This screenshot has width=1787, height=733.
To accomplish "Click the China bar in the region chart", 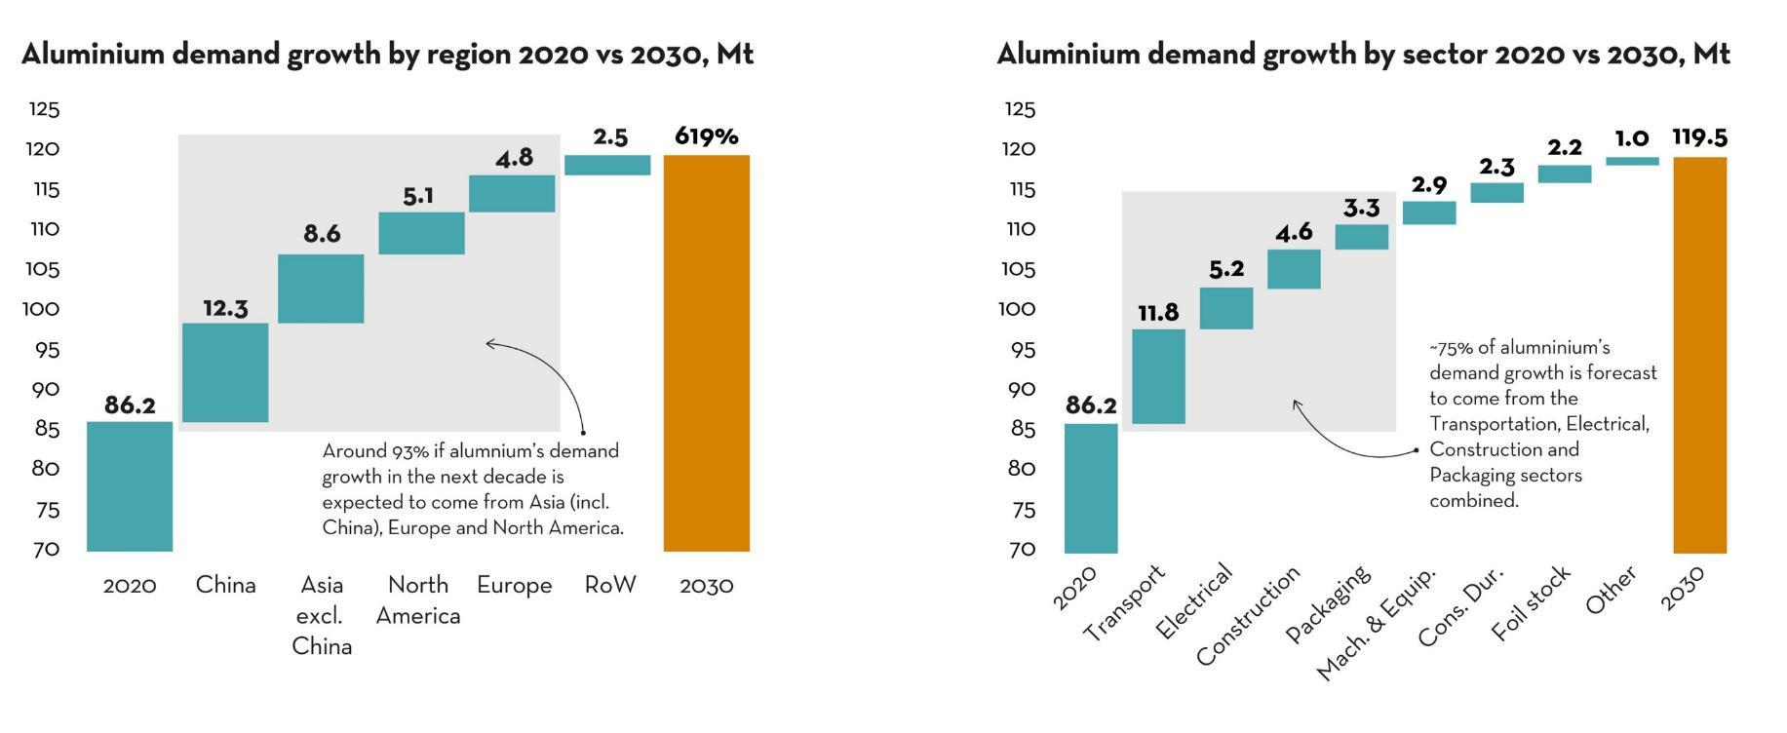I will click(x=225, y=372).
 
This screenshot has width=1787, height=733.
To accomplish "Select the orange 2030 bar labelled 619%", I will click(x=706, y=353).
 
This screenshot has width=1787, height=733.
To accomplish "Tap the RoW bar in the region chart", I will click(x=607, y=165).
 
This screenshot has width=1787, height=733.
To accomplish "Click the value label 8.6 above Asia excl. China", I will click(x=322, y=234).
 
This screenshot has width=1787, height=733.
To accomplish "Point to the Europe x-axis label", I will click(x=514, y=585).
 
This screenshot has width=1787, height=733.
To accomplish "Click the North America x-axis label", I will click(x=418, y=599).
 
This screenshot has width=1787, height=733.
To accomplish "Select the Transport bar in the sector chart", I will click(x=1158, y=376).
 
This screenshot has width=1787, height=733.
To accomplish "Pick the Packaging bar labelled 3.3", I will click(x=1361, y=237).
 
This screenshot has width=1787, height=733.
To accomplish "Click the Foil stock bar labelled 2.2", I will click(x=1564, y=174).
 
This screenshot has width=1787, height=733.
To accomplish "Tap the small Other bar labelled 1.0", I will click(x=1632, y=161).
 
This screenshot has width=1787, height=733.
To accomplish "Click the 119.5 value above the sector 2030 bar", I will click(x=1699, y=137).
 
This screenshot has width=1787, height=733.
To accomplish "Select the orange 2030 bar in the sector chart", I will click(x=1699, y=355).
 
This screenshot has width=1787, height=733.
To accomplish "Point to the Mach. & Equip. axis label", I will click(x=1377, y=624).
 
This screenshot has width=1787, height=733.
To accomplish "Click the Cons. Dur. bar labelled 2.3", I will click(x=1496, y=193).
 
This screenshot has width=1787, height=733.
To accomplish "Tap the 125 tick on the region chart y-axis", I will click(x=44, y=109).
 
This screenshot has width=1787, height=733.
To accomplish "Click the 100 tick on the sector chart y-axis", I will click(x=1019, y=309).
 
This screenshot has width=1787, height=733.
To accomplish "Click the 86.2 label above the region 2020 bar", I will click(x=130, y=405).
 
